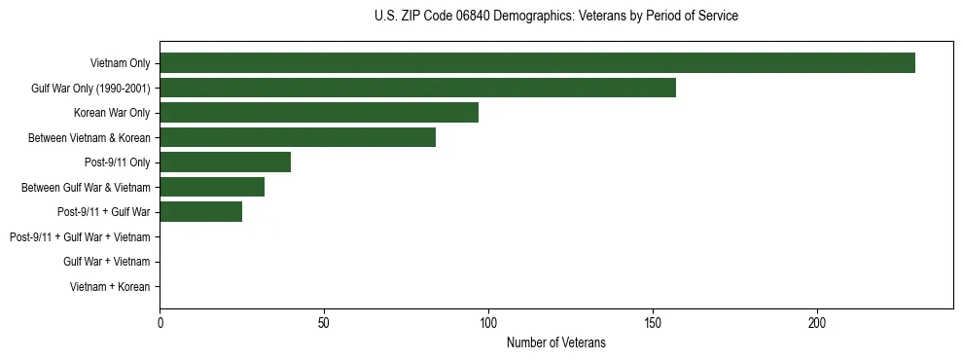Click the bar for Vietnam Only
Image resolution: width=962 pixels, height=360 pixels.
coord(537,63)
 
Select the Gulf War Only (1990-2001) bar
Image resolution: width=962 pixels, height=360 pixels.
coord(417,89)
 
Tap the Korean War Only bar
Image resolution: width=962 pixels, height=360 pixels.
coord(319,113)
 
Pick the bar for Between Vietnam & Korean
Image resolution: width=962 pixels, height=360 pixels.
coord(298,138)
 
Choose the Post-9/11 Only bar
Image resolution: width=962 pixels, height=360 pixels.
coord(225,162)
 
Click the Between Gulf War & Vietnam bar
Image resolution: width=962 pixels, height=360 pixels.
coord(212,187)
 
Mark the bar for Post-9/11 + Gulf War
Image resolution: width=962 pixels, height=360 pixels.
coord(200,212)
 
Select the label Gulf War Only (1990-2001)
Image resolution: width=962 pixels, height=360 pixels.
coord(90,89)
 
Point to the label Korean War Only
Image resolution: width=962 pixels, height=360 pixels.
coord(112,113)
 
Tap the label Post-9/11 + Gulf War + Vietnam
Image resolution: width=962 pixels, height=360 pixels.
coord(80,237)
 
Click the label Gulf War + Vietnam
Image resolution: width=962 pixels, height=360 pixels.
coord(106,262)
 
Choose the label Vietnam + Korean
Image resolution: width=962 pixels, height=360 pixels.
coord(110,287)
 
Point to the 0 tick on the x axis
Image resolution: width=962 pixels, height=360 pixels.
coord(160,322)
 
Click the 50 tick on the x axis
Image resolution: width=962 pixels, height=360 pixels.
coord(324,322)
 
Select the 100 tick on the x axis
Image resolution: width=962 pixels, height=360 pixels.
coord(488,322)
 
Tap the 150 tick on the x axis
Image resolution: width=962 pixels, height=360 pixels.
coord(653,322)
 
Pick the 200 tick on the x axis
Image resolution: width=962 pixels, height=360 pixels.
coord(817,322)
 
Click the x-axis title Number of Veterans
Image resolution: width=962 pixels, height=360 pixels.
coord(555,342)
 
